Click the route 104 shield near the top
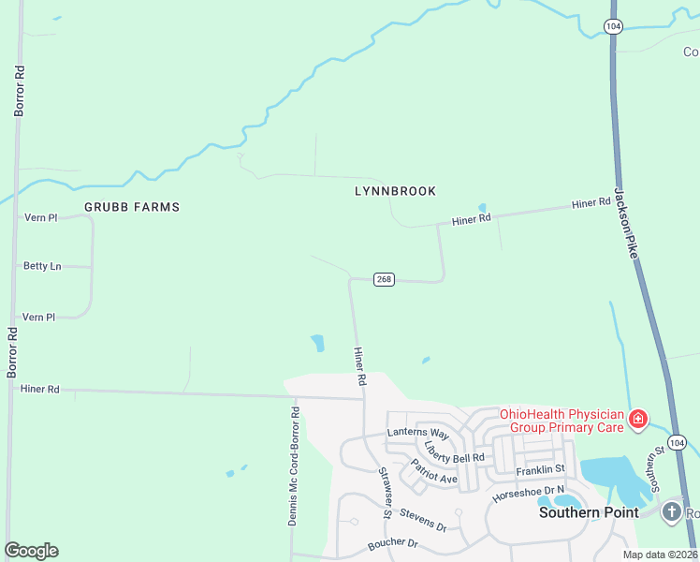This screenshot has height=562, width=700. [x=612, y=26]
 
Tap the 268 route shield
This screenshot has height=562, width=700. [x=384, y=279]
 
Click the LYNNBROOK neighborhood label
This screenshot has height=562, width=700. [x=395, y=191]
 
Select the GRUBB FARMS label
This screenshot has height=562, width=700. [x=132, y=207]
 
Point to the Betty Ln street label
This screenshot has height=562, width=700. [x=42, y=266]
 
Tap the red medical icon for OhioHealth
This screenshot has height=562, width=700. [x=638, y=419]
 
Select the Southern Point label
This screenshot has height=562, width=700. [x=589, y=512]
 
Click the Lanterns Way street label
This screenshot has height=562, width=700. [x=418, y=434]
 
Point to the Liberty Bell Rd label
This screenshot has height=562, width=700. [x=454, y=451]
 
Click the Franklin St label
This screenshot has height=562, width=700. [x=540, y=468]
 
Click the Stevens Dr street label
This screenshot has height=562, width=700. [x=423, y=520]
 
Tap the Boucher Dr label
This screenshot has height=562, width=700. [x=391, y=542]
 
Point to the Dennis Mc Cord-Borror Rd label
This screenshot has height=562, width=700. [x=293, y=466]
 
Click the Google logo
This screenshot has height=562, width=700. [x=31, y=551]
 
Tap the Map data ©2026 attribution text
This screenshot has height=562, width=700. [x=661, y=555]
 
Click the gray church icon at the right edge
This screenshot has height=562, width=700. [x=671, y=511]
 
